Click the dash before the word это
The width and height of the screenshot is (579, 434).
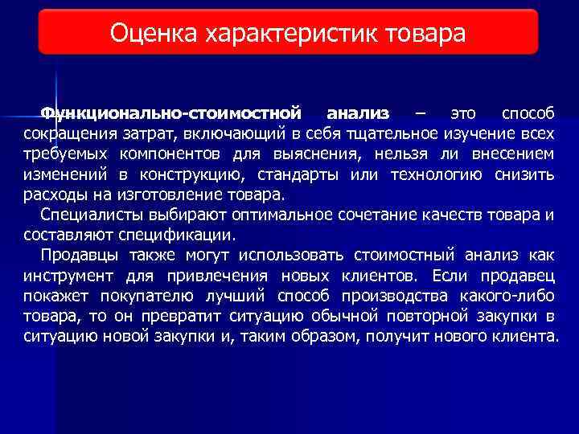(x=421, y=112)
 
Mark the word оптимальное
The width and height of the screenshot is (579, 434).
(x=281, y=215)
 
